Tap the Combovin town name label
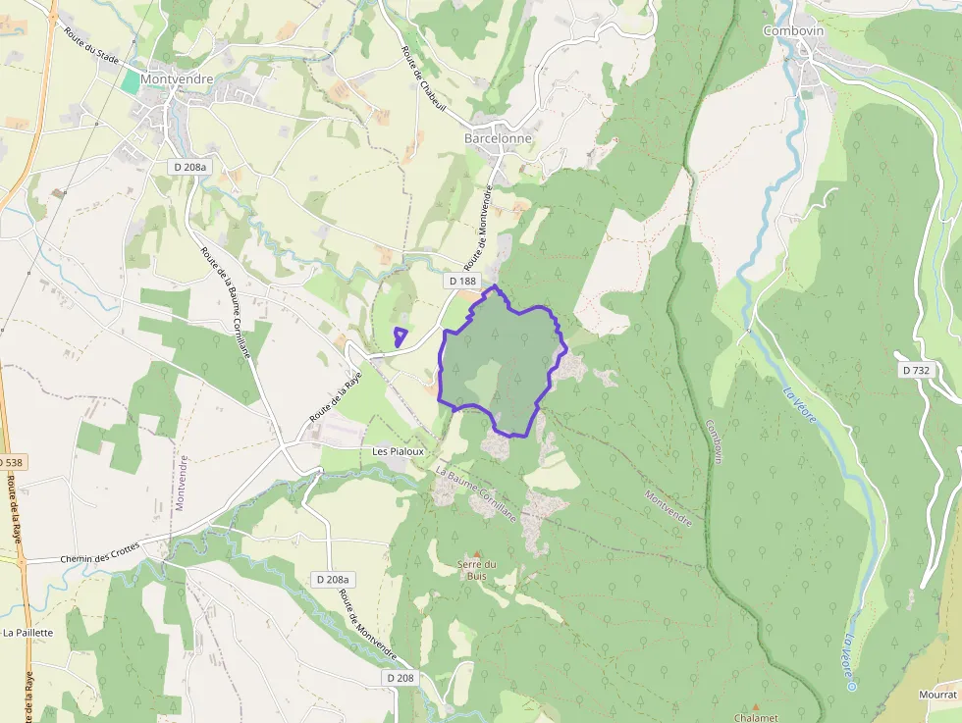tap(793, 30)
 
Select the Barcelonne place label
tap(498, 138)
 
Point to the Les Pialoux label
tap(398, 451)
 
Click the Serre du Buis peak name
tap(477, 569)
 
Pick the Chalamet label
tap(756, 717)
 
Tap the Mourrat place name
tap(937, 694)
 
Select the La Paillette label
tap(27, 633)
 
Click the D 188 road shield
tap(462, 282)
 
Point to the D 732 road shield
tap(915, 370)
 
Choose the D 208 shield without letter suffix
tap(400, 678)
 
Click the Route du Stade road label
tap(91, 47)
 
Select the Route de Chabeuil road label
tap(423, 79)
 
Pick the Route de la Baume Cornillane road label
tap(226, 301)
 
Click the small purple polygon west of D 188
tap(400, 336)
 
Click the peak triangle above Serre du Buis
tap(478, 554)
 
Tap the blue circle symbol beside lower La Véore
tap(852, 687)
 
